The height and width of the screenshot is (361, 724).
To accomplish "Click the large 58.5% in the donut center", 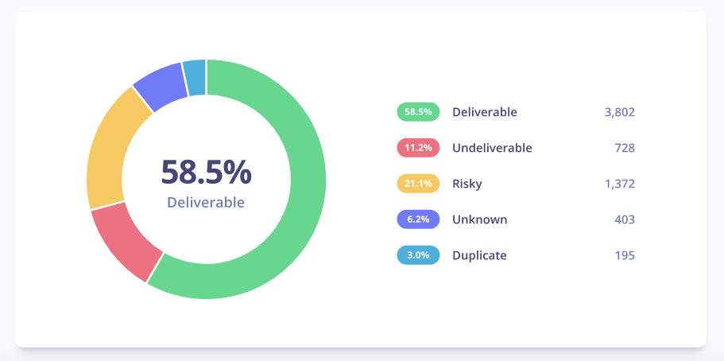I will click(x=206, y=172).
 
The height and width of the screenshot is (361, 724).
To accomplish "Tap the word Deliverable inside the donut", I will click(x=206, y=203).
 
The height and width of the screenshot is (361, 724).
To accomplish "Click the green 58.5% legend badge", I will click(x=418, y=112).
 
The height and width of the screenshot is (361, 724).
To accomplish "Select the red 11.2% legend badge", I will click(x=418, y=148).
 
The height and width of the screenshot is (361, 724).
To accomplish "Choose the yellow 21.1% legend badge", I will click(x=418, y=184).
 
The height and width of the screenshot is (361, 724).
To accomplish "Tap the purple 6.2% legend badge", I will click(x=418, y=219).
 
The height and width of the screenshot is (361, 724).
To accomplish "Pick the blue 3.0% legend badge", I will click(x=418, y=255).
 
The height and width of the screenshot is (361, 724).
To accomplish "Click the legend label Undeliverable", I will click(x=492, y=148).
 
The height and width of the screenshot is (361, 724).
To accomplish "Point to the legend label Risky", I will click(x=467, y=184).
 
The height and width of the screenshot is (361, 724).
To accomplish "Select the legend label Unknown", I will click(x=479, y=219).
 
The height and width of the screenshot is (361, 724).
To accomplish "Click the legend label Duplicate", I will click(x=479, y=255).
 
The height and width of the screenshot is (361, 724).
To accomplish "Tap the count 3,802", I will click(x=619, y=112).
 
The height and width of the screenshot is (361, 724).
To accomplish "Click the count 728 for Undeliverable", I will click(x=624, y=148).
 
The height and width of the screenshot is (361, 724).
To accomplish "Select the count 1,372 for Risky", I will click(x=619, y=184).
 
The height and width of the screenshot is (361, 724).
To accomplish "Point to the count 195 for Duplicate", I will click(x=624, y=255).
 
